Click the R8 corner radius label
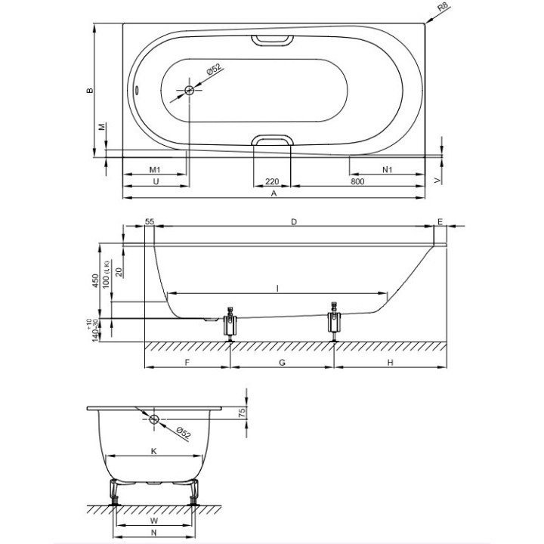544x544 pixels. [x=443, y=7]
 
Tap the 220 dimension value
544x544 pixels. [x=272, y=181]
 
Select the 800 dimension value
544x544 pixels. [x=357, y=181]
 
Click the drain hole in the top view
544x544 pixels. [x=189, y=91]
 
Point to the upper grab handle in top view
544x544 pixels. [x=272, y=40]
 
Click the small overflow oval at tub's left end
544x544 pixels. [x=138, y=90]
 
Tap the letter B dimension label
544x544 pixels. [x=90, y=90]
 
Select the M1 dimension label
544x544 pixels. [x=155, y=170]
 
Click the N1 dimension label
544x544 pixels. [x=387, y=170]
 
